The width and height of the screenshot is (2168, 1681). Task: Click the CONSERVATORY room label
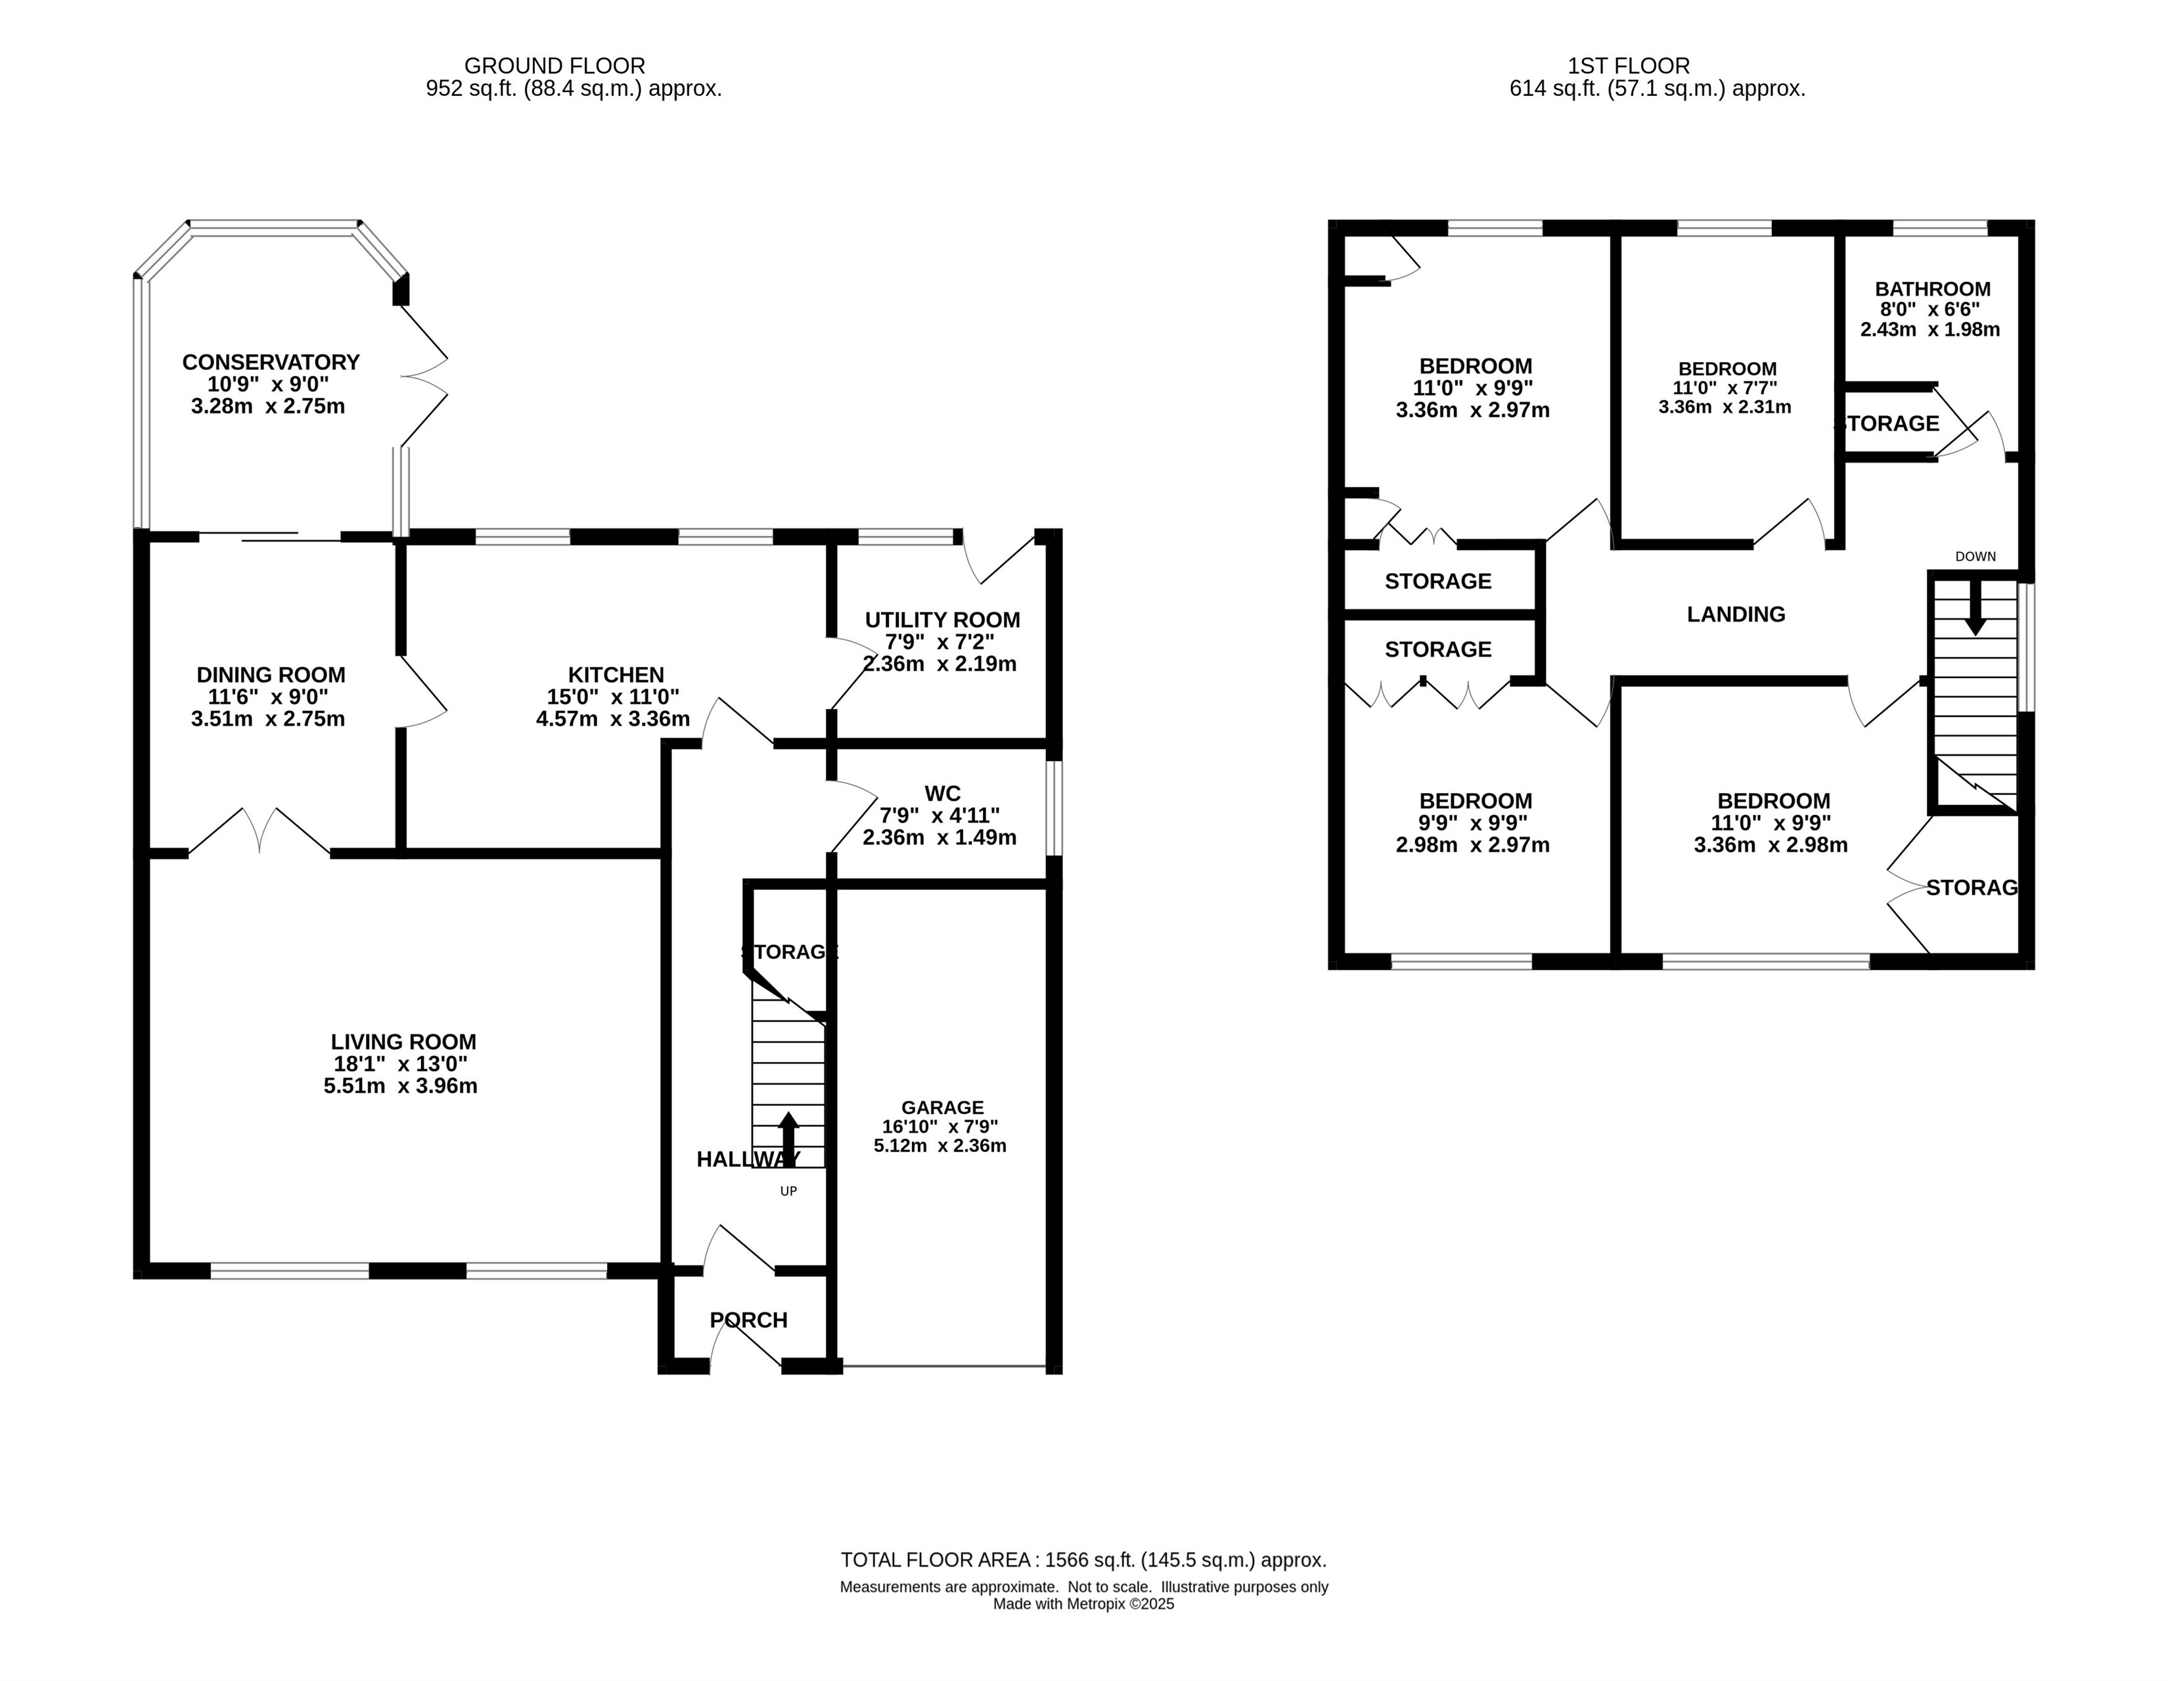[x=270, y=362]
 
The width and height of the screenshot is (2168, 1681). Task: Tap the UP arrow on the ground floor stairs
[x=788, y=1139]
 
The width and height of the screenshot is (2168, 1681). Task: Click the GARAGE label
[x=942, y=1107]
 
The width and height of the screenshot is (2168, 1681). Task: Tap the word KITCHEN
[x=616, y=675]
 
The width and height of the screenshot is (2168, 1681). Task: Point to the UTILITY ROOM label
[x=942, y=620]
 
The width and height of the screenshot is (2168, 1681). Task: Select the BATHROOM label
[x=1931, y=289]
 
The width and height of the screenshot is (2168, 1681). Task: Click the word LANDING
[x=1735, y=614]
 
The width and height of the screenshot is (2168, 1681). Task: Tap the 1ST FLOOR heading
[x=1628, y=66]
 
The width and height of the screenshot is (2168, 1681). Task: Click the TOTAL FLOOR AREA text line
[x=1083, y=1560]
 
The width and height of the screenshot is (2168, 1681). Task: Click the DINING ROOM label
[x=270, y=675]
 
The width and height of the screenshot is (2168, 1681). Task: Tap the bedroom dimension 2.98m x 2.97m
[x=1473, y=845]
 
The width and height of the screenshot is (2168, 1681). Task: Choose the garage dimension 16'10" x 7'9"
[x=940, y=1127]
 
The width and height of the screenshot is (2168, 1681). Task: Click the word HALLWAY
[x=748, y=1159]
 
